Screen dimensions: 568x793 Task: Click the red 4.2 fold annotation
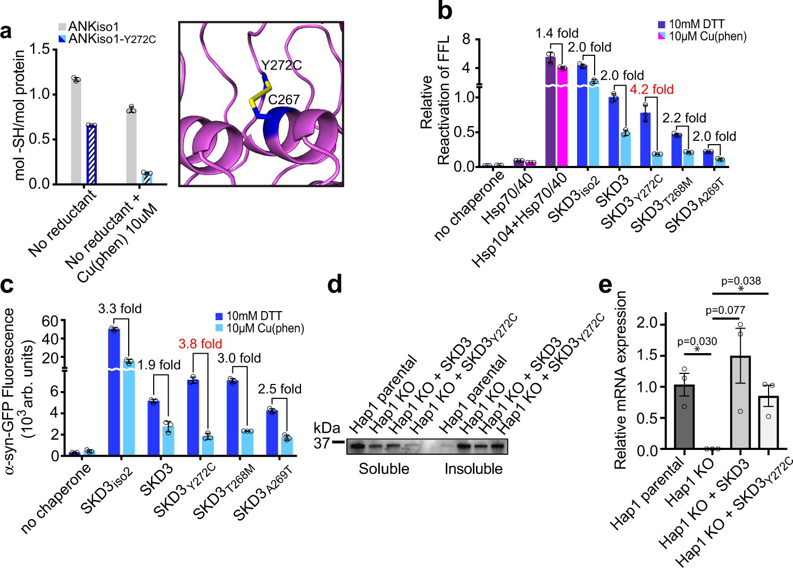(x=652, y=89)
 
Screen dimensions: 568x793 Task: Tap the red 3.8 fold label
(x=200, y=344)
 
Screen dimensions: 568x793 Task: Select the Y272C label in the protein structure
(x=281, y=65)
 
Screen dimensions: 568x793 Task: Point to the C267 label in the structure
(x=284, y=99)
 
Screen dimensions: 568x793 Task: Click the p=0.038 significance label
(x=741, y=281)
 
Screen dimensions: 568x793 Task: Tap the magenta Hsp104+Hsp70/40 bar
(x=562, y=117)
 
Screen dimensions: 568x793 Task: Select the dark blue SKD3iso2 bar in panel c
(x=114, y=391)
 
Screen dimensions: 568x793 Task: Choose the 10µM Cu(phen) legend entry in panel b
(x=702, y=37)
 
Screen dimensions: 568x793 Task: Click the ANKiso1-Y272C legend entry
(x=107, y=39)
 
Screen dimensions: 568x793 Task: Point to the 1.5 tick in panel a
(x=39, y=49)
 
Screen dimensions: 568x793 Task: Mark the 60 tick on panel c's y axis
(x=50, y=321)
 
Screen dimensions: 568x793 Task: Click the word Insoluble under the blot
(x=473, y=469)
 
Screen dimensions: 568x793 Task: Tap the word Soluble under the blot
(x=383, y=469)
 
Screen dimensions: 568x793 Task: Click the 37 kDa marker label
(x=321, y=442)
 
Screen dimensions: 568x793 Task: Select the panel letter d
(x=335, y=285)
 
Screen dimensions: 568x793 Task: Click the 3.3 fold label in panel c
(x=120, y=309)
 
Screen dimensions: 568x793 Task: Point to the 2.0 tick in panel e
(x=647, y=323)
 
